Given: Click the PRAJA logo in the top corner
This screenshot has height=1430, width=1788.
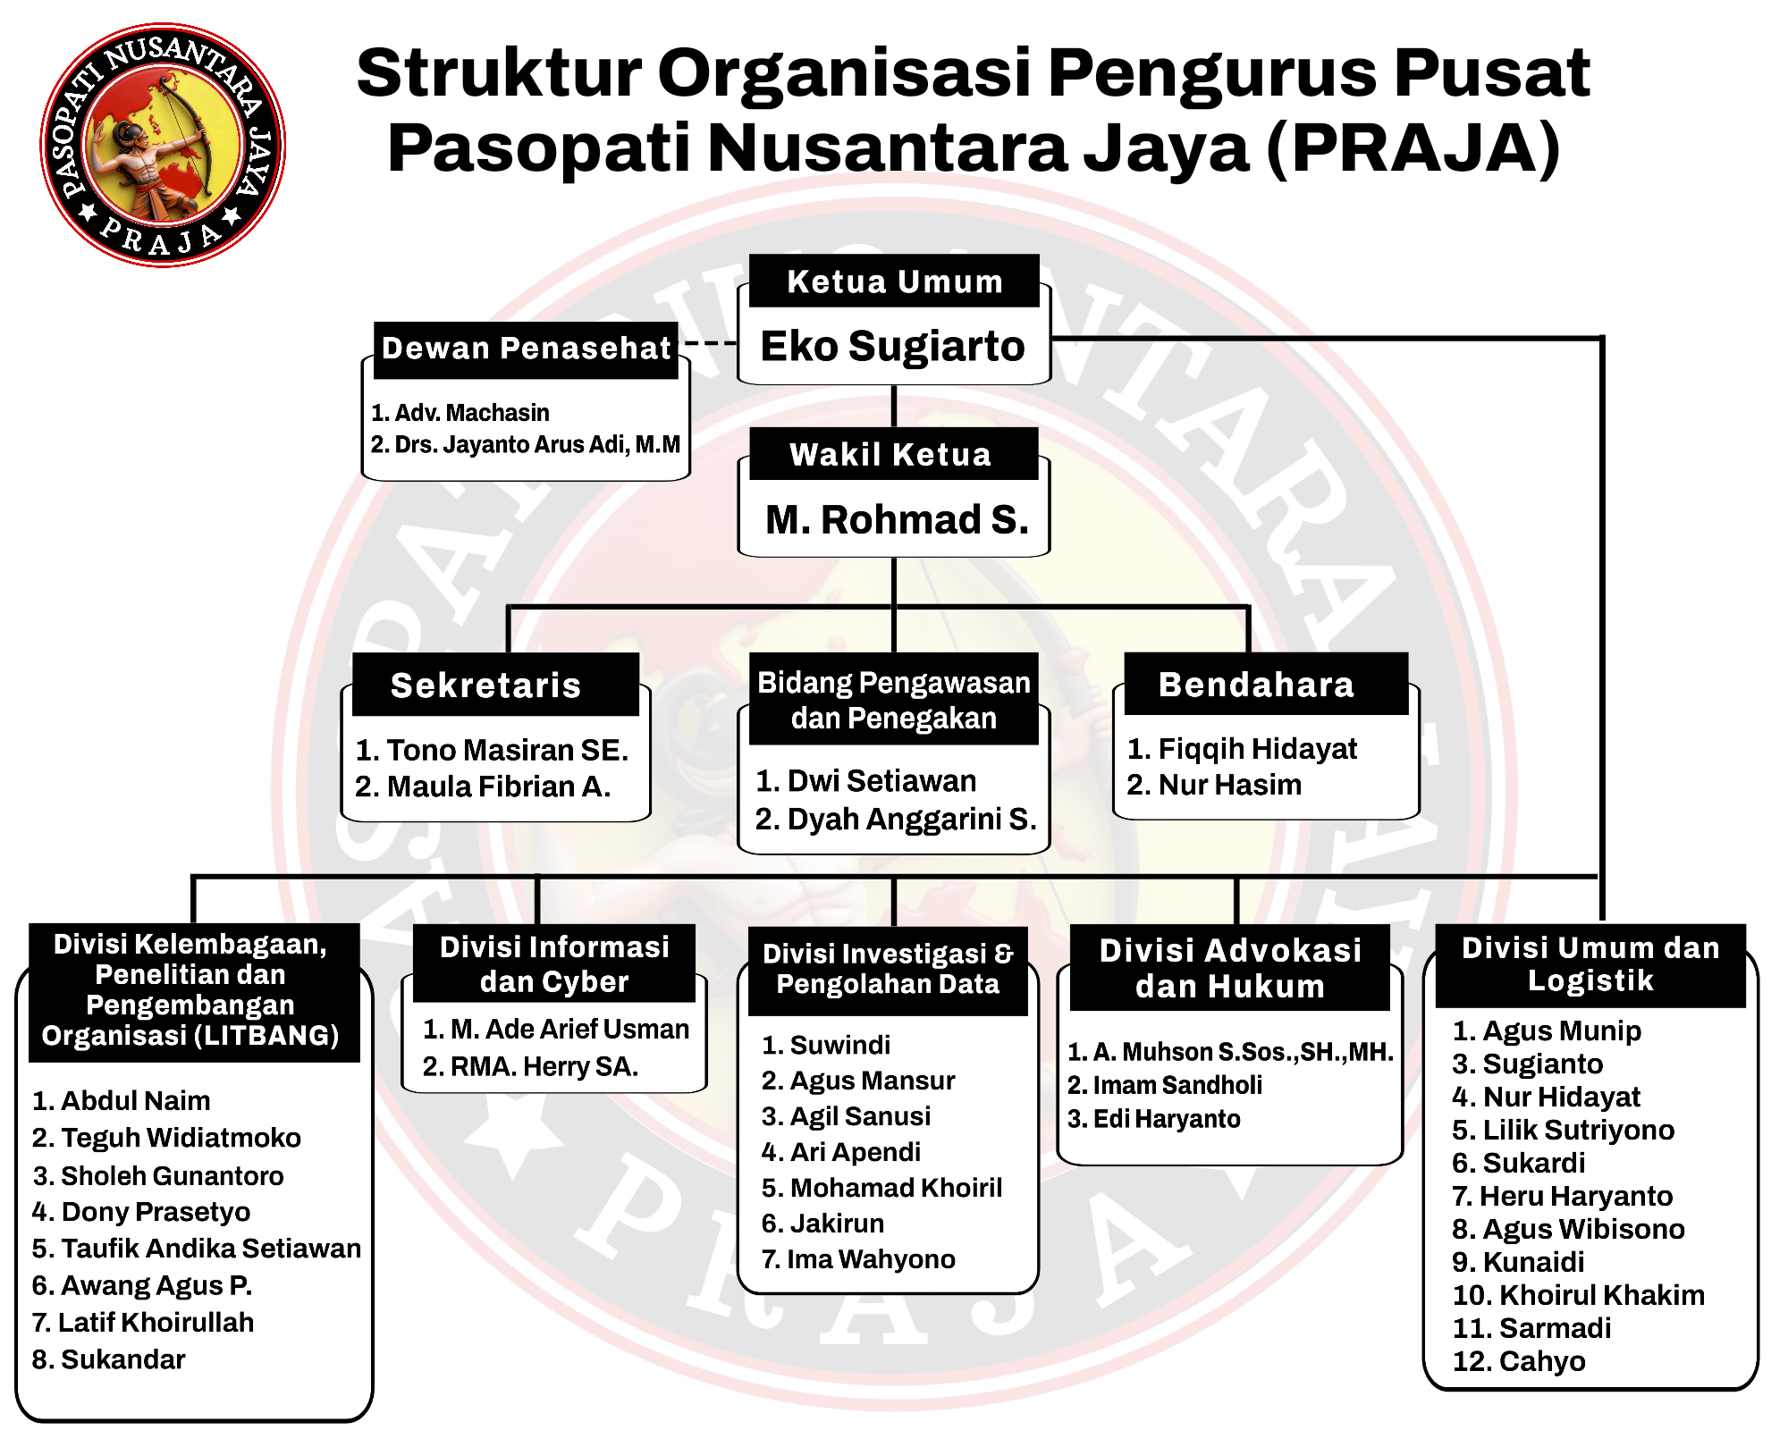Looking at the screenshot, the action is (x=163, y=145).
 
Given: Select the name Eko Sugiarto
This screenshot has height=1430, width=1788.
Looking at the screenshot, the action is (x=892, y=346).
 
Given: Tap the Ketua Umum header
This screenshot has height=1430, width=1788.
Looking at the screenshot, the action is (x=894, y=281).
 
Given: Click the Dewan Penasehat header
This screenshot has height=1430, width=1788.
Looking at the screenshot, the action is (x=526, y=349).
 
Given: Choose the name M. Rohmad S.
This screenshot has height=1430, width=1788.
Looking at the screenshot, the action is (x=897, y=519).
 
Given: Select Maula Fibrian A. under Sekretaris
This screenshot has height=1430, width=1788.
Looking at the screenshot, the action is (x=483, y=786).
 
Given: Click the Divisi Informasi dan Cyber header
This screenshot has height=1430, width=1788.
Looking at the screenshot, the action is (x=554, y=963).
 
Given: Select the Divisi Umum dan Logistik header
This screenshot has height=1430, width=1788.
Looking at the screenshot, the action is (x=1590, y=965).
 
